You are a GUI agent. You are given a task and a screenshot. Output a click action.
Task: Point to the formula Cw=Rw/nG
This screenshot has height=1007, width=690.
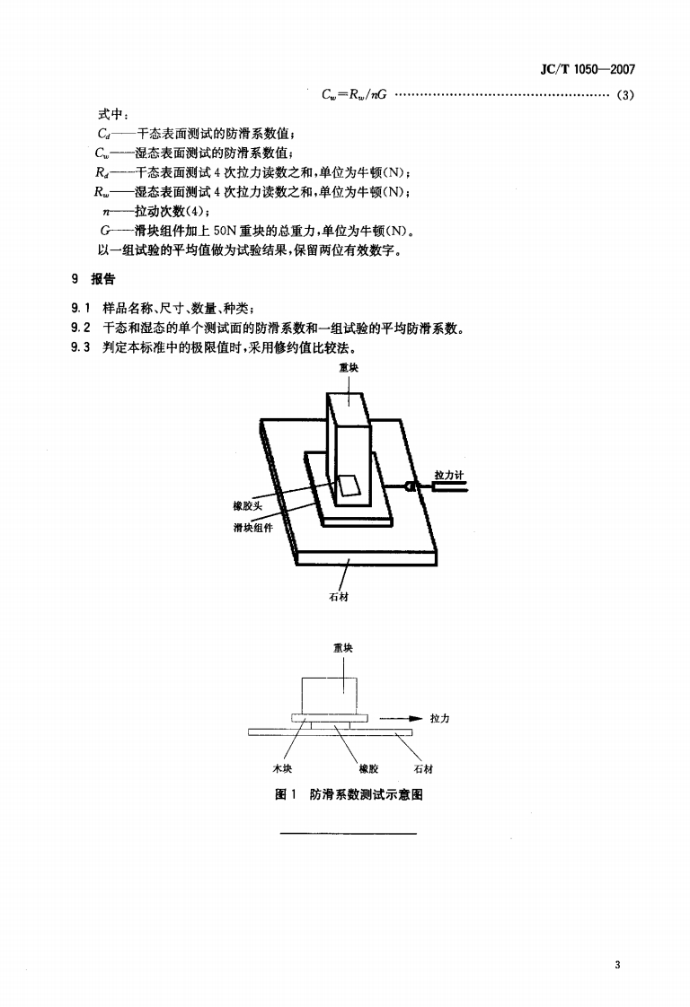(x=354, y=96)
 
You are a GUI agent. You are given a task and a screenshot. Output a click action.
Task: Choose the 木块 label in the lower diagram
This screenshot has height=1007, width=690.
(x=280, y=769)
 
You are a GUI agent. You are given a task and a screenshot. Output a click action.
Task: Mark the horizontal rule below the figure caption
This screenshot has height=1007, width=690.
(x=349, y=834)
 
